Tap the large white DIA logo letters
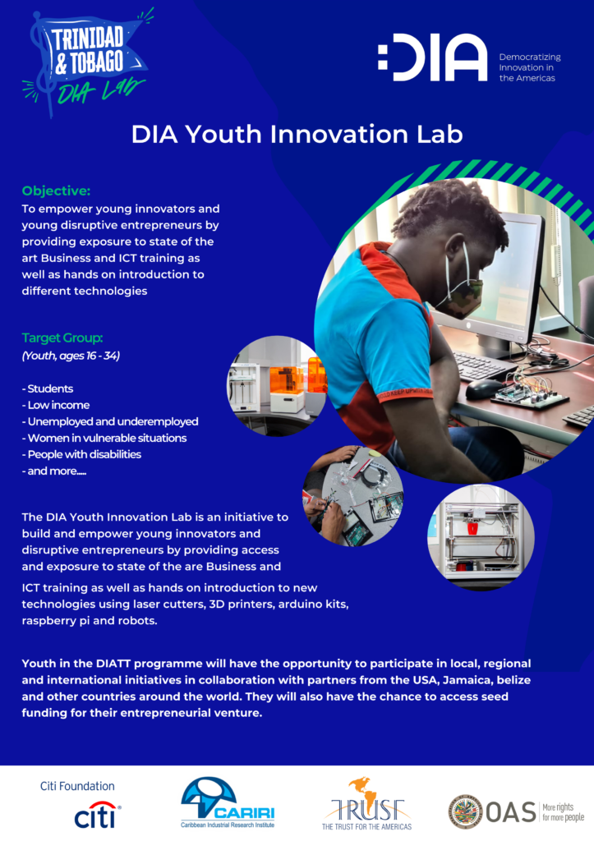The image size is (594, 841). tap(432, 57)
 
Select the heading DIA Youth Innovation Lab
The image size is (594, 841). tap(297, 134)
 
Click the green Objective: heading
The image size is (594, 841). tap(57, 191)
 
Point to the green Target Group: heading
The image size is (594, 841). tap(62, 338)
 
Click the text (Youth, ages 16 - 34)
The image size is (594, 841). tap(71, 356)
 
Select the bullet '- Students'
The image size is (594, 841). tap(47, 388)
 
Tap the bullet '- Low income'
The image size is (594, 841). tap(56, 405)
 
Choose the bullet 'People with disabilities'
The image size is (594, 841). tap(81, 454)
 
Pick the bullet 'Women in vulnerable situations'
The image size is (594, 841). tap(104, 439)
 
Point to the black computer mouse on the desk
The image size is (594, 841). tap(483, 388)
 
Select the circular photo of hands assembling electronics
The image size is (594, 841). tap(352, 495)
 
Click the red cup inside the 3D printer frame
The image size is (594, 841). tap(472, 530)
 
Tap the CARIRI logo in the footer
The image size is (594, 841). tap(228, 803)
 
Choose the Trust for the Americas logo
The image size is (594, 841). tap(367, 804)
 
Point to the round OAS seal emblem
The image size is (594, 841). tap(465, 811)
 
